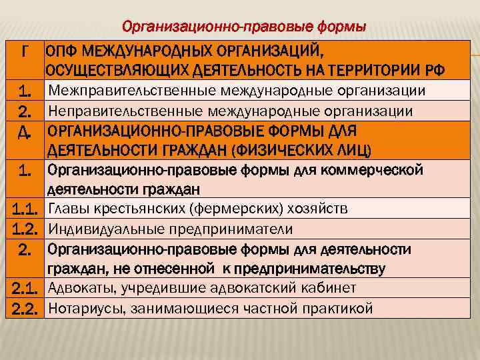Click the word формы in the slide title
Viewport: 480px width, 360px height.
[337, 27]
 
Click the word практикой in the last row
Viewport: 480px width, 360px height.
[339, 309]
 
